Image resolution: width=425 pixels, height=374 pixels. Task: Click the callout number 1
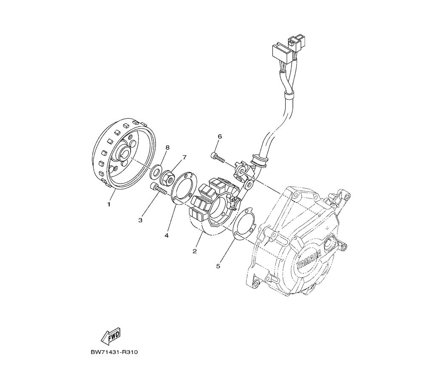pos(109,204)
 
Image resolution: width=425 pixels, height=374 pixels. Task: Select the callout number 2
pos(195,251)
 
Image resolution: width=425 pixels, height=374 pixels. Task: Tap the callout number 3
pos(140,220)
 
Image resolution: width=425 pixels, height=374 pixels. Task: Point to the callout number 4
pos(167,235)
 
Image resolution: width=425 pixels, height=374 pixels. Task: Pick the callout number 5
pos(218,266)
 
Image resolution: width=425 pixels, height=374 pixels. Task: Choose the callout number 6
pos(220,136)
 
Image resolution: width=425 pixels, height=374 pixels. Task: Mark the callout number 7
pos(184,157)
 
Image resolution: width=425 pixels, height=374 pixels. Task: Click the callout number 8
pos(167,147)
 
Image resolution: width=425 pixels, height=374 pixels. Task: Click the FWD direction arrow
pos(110,336)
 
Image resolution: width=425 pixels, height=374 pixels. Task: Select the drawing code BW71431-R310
pos(114,352)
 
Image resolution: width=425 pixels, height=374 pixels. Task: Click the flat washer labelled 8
pos(156,172)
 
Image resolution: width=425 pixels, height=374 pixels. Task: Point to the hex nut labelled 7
pos(167,178)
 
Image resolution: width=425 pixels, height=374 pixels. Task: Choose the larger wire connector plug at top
pos(281,52)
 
